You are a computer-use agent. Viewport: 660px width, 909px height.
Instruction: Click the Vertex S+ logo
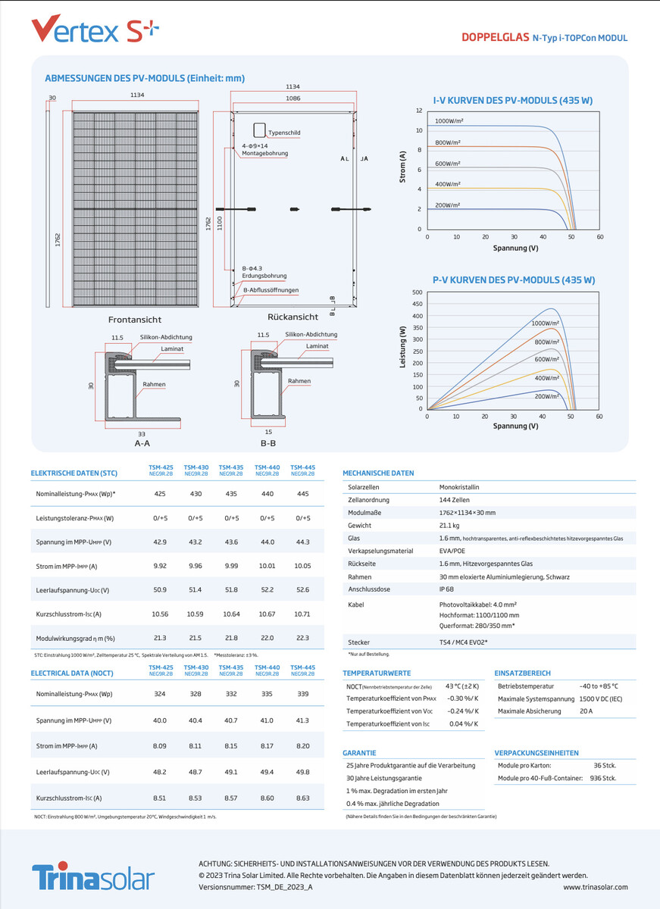coord(95,31)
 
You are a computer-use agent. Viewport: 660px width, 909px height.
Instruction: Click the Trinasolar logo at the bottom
coord(92,877)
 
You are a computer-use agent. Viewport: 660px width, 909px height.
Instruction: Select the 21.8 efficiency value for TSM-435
coord(231,639)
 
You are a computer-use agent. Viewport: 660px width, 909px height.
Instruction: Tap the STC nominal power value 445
coord(303,494)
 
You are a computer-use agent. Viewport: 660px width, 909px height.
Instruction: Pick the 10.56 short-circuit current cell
coord(160,614)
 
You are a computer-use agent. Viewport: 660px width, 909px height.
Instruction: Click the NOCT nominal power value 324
coord(160,694)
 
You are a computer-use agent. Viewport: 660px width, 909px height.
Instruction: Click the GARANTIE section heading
coord(359,753)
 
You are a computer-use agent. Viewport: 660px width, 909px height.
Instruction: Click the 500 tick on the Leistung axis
coord(417,292)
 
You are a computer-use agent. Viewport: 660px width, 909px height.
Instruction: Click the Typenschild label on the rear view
coord(284,133)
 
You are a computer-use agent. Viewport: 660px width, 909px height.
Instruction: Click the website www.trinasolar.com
coord(596,886)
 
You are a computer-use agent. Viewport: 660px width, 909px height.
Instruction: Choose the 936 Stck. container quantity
coord(604,779)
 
